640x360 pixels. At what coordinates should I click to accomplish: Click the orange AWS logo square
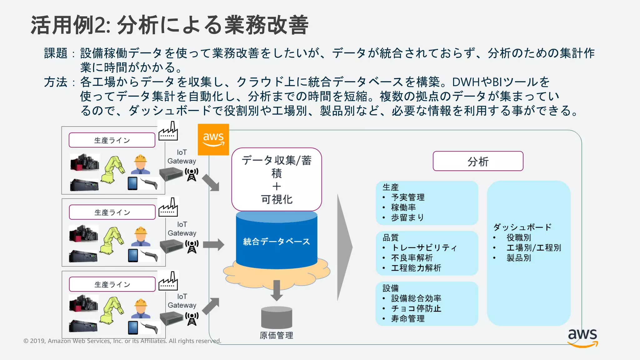click(213, 139)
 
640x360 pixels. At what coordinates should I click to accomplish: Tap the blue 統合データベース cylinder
click(277, 241)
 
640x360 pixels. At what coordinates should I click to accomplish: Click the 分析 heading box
click(478, 161)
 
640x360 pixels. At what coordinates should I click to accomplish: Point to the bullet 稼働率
click(403, 207)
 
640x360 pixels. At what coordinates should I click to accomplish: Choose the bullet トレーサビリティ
click(424, 248)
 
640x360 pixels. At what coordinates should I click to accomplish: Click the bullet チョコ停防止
click(416, 308)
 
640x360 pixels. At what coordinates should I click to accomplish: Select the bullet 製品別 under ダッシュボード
click(519, 258)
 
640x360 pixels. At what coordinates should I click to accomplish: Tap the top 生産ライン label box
click(112, 140)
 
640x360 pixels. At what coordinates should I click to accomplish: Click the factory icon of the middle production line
click(168, 207)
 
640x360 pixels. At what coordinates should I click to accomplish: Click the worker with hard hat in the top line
click(140, 164)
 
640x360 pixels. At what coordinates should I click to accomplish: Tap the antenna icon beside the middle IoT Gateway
click(192, 247)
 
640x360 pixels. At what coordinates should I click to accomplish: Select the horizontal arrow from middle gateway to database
click(213, 244)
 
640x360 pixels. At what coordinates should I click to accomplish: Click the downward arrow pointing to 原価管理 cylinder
click(277, 290)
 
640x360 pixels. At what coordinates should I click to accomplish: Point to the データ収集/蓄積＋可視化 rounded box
click(277, 179)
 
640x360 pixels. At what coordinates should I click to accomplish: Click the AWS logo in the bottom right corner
click(582, 338)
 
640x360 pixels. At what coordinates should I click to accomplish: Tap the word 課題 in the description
click(56, 53)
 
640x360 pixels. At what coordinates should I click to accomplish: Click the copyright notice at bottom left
click(122, 341)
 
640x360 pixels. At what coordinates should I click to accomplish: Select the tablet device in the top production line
click(132, 183)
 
